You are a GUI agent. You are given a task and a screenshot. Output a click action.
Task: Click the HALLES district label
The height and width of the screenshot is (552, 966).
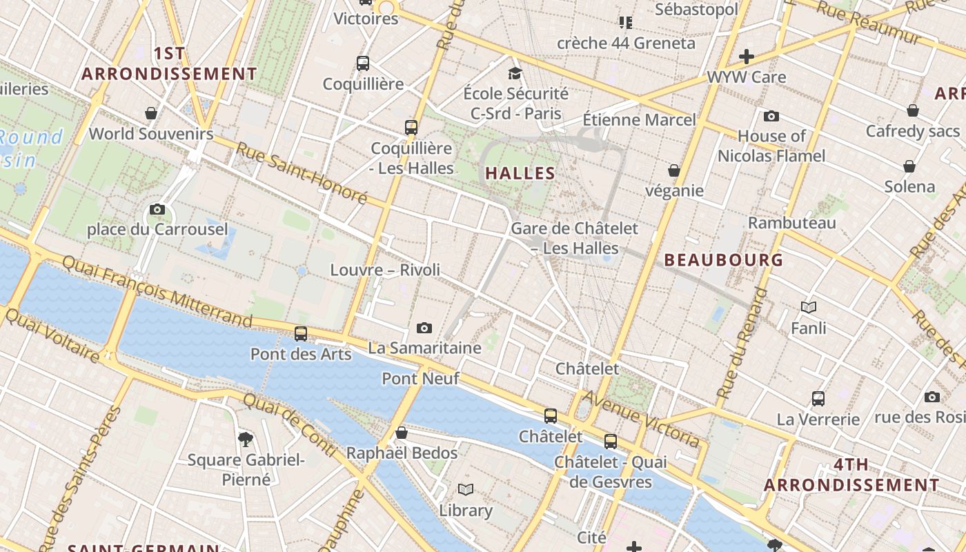520,173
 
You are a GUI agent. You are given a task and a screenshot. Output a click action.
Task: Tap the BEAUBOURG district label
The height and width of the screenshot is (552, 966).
724,260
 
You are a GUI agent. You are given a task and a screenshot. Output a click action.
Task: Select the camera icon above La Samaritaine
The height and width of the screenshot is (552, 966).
424,328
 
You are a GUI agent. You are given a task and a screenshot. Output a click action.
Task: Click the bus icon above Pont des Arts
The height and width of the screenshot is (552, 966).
301,333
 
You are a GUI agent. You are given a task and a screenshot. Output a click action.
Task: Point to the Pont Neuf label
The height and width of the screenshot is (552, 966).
409,378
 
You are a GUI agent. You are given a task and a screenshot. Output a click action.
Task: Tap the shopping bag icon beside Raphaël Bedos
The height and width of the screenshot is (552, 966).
402,433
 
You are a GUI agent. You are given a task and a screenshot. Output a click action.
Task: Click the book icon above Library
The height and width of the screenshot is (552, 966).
466,490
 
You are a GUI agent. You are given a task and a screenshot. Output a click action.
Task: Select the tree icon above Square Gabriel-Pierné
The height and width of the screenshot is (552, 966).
245,439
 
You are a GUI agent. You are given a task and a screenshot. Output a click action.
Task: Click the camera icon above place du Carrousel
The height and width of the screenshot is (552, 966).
157,209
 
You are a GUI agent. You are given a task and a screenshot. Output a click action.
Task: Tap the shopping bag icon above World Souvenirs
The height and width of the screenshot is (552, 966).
151,112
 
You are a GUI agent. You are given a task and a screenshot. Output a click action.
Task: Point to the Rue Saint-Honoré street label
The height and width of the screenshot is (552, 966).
302,173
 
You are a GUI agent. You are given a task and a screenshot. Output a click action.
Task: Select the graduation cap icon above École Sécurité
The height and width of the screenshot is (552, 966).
515,73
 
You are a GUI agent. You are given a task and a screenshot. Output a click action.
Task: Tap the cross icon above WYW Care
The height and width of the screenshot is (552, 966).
746,57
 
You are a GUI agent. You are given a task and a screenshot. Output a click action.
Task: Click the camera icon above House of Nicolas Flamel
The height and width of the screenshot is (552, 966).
771,116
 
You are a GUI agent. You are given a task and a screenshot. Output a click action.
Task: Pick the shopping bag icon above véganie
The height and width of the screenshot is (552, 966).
674,170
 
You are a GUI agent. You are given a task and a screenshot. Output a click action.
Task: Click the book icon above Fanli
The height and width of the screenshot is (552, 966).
809,307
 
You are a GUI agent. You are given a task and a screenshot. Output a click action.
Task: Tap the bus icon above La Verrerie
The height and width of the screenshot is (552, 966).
818,398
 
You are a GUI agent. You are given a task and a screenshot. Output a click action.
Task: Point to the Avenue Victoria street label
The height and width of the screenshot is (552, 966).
641,418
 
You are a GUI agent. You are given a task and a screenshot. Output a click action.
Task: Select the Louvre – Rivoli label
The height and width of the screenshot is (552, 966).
385,270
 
